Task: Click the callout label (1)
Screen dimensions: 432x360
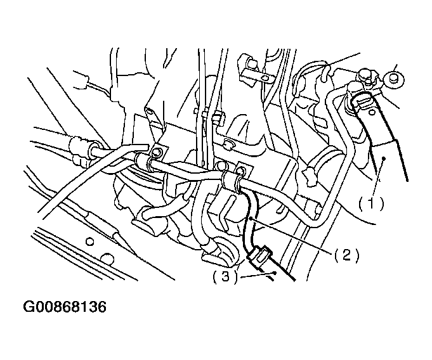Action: [x=371, y=204]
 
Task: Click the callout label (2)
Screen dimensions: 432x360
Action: [x=347, y=255]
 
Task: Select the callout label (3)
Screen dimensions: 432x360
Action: [x=225, y=276]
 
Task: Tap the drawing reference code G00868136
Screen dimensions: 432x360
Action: [x=65, y=307]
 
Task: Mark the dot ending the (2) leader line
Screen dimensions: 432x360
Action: [x=251, y=218]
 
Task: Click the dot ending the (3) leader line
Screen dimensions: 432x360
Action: [x=275, y=273]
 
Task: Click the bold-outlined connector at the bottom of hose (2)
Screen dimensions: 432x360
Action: [x=260, y=255]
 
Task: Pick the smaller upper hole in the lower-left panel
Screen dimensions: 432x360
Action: [x=90, y=241]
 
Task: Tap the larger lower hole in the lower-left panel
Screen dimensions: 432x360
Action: [x=107, y=259]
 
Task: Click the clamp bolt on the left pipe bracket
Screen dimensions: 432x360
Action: [x=157, y=152]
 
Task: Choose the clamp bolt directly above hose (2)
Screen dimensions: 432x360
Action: [x=241, y=172]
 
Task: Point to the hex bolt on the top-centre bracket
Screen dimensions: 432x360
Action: [x=252, y=65]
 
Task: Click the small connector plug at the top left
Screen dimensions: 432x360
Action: [x=81, y=80]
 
